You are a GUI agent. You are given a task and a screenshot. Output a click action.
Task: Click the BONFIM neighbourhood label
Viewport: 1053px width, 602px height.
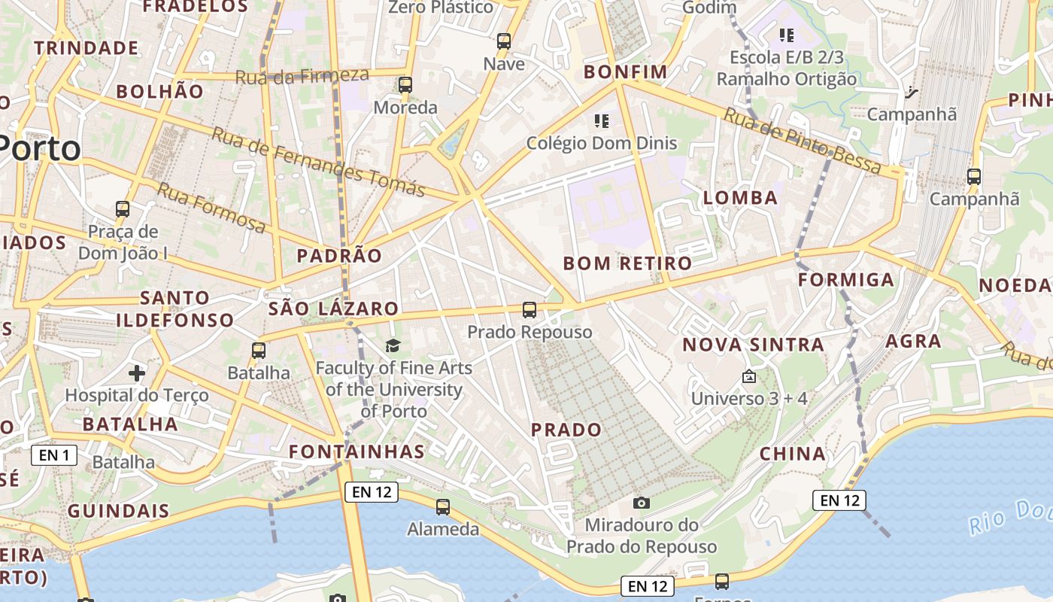pos(626,72)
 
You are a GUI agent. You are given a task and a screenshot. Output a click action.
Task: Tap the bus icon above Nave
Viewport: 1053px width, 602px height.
pos(504,41)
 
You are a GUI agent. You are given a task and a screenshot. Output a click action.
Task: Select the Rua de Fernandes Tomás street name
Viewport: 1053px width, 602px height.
pos(318,161)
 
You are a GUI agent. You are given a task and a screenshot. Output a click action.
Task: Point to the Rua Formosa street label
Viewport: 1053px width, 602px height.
pos(211,207)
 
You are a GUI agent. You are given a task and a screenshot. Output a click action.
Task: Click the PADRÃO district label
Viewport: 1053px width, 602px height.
pos(339,256)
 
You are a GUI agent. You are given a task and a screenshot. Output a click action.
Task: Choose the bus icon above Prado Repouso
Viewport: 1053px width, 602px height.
pos(530,309)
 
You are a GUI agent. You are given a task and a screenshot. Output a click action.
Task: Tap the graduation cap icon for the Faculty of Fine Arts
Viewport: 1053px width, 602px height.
pos(393,345)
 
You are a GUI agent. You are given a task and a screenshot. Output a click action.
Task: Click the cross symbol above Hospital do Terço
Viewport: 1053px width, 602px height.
pos(137,372)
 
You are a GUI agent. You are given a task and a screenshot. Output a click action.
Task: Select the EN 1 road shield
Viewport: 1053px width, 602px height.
pos(54,455)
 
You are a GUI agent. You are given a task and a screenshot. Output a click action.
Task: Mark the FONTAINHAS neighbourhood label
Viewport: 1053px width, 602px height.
pos(357,451)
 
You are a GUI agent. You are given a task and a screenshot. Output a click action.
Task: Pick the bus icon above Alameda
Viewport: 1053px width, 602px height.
pos(443,507)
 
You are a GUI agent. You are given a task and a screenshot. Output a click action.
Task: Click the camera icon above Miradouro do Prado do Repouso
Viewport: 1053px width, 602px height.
pos(642,503)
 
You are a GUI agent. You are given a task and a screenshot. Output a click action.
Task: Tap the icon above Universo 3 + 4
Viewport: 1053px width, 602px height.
pos(748,377)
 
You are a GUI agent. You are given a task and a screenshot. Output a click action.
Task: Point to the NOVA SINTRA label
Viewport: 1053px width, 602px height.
pos(753,345)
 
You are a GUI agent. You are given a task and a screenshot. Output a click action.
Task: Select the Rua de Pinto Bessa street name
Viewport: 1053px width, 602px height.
pos(802,141)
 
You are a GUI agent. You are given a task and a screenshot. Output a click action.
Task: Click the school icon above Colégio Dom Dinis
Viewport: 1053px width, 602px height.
pos(601,120)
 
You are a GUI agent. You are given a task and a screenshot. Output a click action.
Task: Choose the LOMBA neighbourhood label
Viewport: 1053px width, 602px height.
pos(740,198)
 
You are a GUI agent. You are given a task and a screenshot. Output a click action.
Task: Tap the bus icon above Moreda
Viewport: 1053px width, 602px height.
pos(405,85)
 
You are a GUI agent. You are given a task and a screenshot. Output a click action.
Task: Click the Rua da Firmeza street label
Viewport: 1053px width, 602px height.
pos(302,76)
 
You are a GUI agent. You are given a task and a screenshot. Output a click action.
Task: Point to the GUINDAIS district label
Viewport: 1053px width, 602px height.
pos(119,511)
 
